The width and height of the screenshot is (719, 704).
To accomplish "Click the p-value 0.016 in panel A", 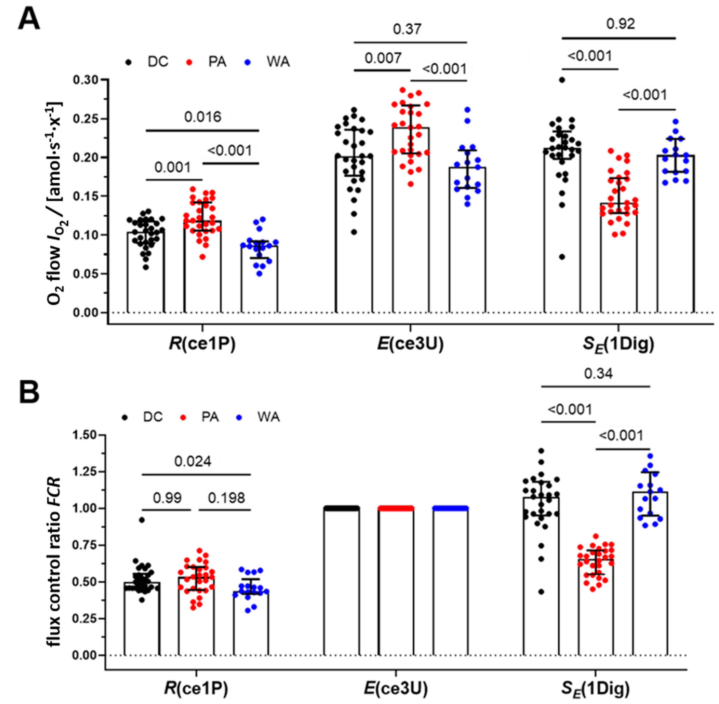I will click(x=203, y=117).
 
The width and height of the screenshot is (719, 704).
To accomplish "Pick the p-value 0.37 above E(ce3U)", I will click(x=407, y=29).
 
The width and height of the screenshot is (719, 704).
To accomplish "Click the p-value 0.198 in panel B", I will click(x=226, y=498).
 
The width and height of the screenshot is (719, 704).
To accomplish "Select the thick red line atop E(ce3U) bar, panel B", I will click(x=396, y=508).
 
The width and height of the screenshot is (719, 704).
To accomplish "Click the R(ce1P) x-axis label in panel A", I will click(x=202, y=344).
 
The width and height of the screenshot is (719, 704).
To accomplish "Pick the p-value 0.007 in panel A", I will click(x=383, y=58).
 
